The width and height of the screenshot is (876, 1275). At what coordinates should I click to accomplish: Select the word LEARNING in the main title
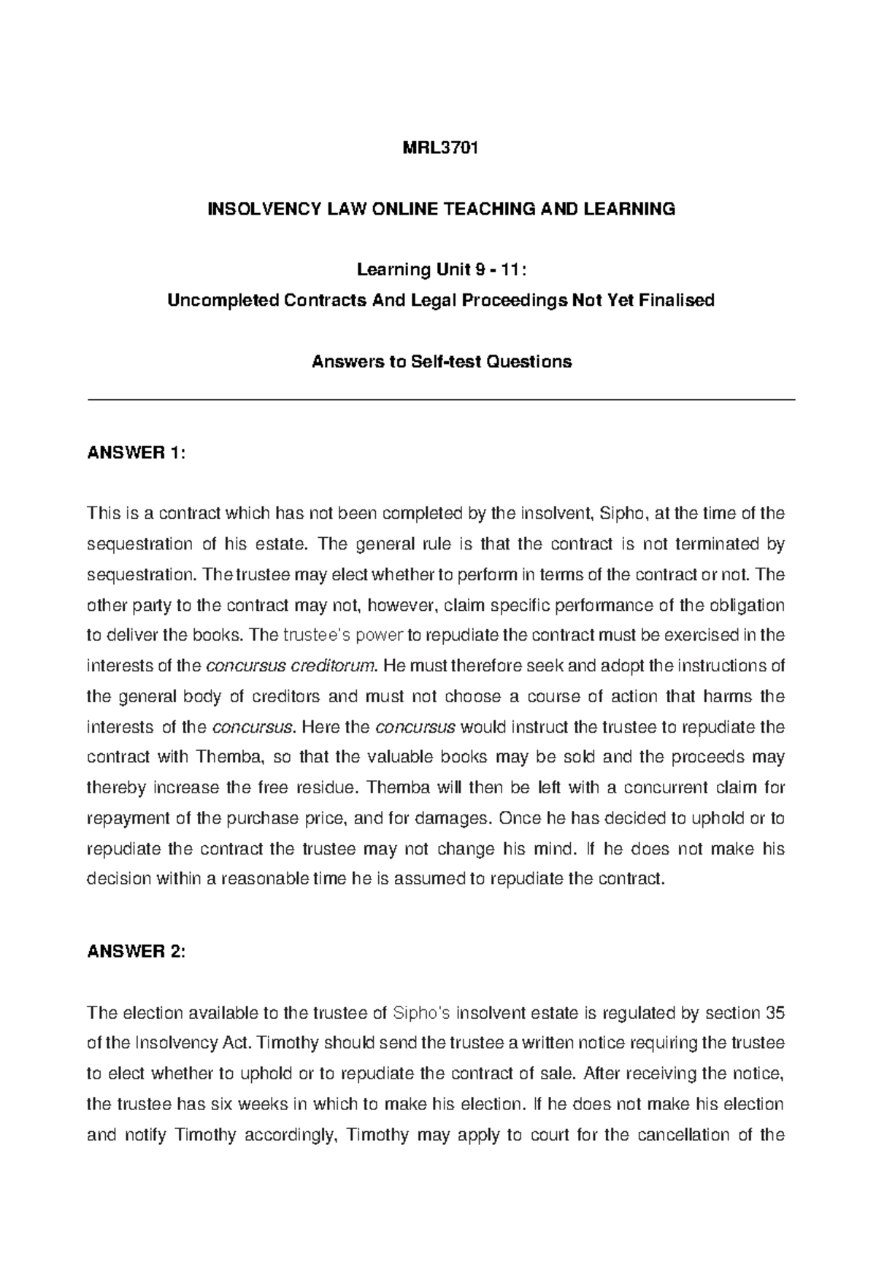[x=633, y=209]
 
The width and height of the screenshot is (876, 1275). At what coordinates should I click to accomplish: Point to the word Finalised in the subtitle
[x=677, y=301]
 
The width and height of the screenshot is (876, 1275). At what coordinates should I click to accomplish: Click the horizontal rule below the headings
[x=441, y=400]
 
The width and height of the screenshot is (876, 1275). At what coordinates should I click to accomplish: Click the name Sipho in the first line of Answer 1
[x=618, y=514]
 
